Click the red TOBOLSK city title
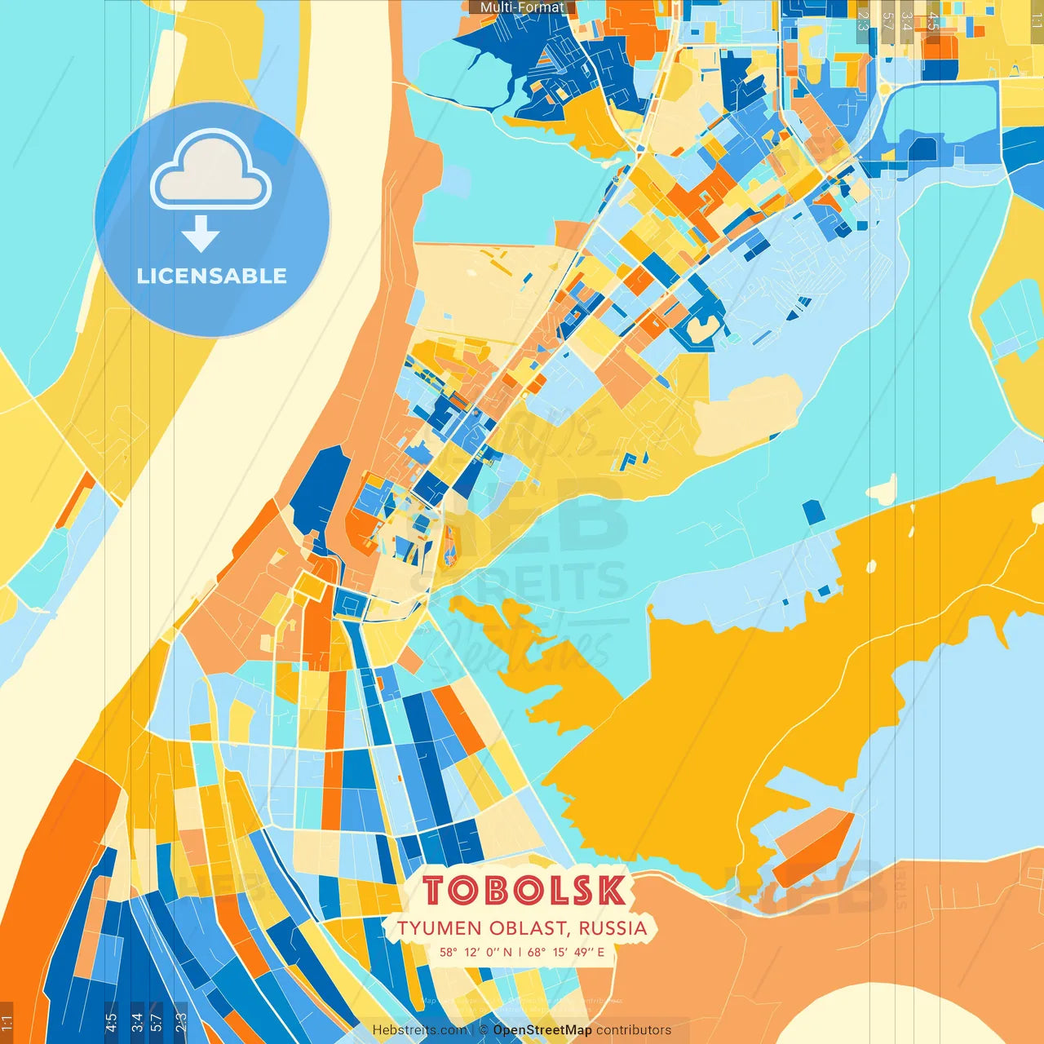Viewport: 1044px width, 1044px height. point(524,891)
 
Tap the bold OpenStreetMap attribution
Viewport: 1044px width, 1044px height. point(542,1030)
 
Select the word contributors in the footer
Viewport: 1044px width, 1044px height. point(634,1030)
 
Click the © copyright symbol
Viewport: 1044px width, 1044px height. point(484,1030)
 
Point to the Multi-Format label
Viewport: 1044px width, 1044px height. point(522,7)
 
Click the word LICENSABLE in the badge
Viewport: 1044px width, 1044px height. point(212,276)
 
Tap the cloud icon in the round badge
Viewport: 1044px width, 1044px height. point(211,172)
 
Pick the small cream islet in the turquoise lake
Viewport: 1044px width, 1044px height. point(883,489)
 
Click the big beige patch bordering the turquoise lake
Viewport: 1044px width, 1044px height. point(746,416)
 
